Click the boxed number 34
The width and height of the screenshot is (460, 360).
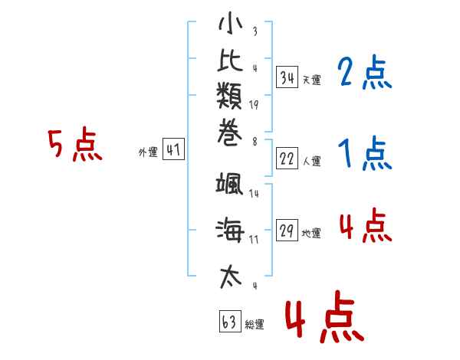(x=287, y=77)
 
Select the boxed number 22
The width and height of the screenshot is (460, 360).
(x=287, y=159)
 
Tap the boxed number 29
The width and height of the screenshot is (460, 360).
(x=287, y=232)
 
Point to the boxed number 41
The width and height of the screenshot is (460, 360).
(x=173, y=150)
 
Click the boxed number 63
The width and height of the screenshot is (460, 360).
(x=229, y=322)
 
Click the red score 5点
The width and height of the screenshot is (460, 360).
(x=74, y=146)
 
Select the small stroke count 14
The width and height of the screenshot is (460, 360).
(x=254, y=194)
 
